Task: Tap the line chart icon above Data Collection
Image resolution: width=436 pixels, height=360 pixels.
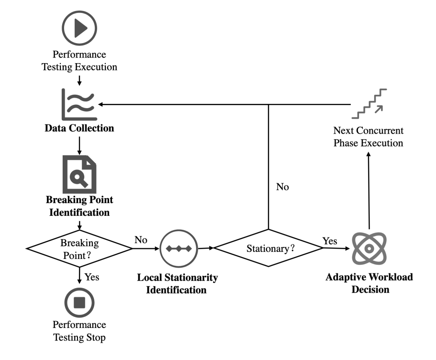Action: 79,105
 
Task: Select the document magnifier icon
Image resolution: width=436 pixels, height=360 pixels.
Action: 79,173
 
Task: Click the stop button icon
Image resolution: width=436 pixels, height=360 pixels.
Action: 79,303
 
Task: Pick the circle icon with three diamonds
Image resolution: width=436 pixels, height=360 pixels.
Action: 178,248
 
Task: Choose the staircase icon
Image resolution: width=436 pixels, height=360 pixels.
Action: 369,103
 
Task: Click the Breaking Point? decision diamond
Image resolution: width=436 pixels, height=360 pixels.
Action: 79,248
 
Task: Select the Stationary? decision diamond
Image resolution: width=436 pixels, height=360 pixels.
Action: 268,248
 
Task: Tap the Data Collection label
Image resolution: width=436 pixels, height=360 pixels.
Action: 79,128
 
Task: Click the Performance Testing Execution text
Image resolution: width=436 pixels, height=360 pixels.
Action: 79,61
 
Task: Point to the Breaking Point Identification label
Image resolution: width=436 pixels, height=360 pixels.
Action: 79,205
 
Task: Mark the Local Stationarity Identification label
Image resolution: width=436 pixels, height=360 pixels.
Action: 178,283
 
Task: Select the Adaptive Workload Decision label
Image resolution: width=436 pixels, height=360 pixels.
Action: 369,283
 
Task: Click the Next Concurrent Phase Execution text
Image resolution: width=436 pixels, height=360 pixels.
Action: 369,137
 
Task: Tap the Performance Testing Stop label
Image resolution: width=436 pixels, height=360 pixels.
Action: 79,331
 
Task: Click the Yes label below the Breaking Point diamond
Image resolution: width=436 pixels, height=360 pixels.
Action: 92,277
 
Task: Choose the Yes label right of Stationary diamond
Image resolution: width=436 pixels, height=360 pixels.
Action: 330,241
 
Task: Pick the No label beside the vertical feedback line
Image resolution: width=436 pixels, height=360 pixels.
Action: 282,187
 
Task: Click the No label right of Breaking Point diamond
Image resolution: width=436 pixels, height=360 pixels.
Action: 141,239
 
